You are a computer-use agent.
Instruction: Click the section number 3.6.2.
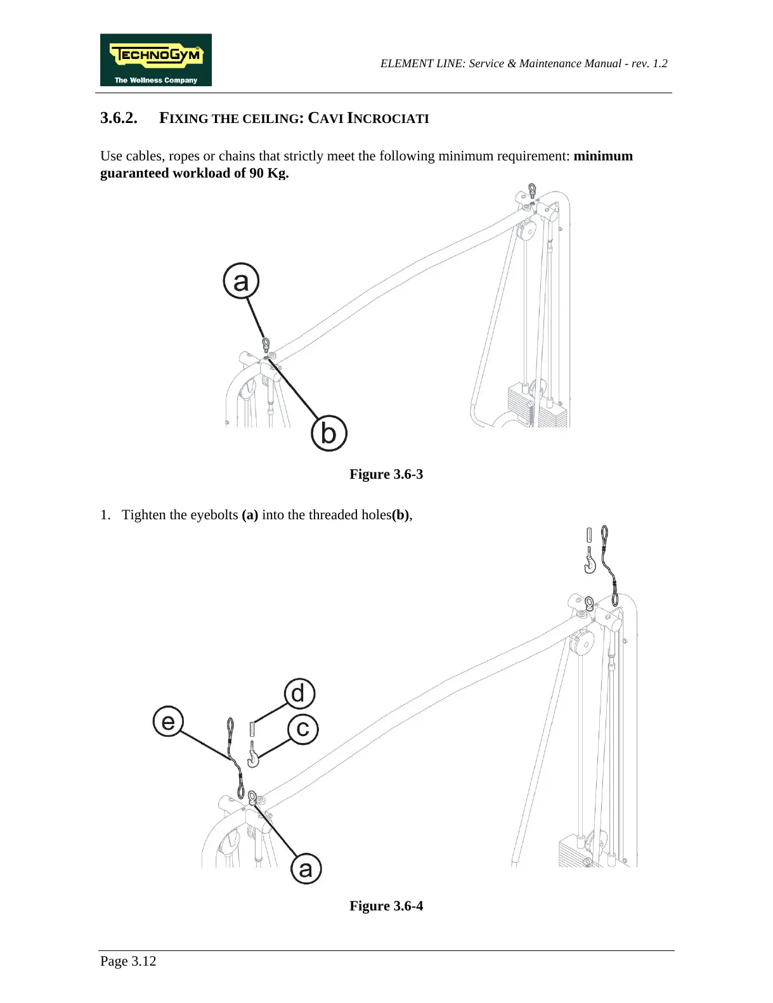click(119, 118)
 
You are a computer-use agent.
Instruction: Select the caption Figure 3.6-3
click(386, 474)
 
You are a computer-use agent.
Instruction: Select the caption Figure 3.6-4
click(386, 906)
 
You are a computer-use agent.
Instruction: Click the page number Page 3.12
click(128, 961)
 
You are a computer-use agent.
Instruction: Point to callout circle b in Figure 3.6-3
click(328, 433)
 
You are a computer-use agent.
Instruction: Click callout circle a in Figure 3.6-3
click(241, 281)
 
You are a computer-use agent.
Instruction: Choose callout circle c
click(303, 728)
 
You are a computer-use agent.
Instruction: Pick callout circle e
click(168, 722)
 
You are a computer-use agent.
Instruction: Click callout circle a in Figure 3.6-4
click(306, 869)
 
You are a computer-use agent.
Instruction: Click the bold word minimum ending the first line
click(602, 156)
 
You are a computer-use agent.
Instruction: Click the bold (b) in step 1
click(400, 515)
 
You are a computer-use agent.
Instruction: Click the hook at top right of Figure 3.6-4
click(590, 562)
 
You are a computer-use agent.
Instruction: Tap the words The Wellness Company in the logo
click(155, 81)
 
